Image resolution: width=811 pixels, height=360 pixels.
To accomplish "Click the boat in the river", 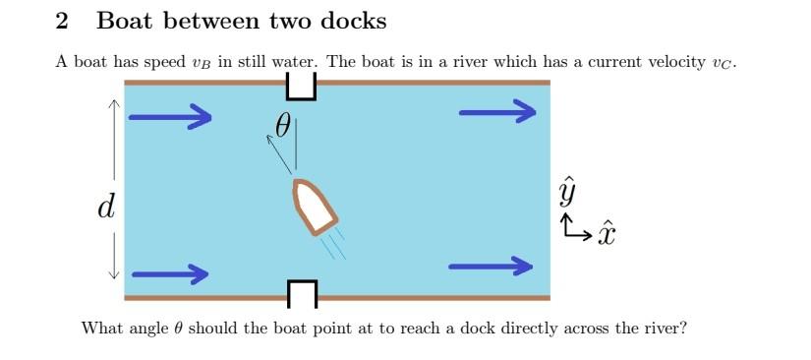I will (314, 207).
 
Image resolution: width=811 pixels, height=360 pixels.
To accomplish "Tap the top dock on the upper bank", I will (301, 89).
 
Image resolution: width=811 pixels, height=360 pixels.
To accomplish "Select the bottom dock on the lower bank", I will (302, 291).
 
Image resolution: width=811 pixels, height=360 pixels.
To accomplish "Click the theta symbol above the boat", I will (283, 125).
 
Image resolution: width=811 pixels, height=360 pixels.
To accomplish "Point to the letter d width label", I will (105, 208).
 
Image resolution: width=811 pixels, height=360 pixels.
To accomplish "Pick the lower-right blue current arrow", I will (490, 267).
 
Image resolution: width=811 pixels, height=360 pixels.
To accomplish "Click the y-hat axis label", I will (567, 190).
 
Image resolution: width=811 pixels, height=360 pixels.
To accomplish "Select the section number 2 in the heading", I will (62, 21).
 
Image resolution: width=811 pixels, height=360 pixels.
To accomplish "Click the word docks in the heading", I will (352, 21).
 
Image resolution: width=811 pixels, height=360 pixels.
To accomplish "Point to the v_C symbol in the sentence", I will (724, 63).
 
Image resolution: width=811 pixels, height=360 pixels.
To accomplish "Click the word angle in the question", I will (148, 328).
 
